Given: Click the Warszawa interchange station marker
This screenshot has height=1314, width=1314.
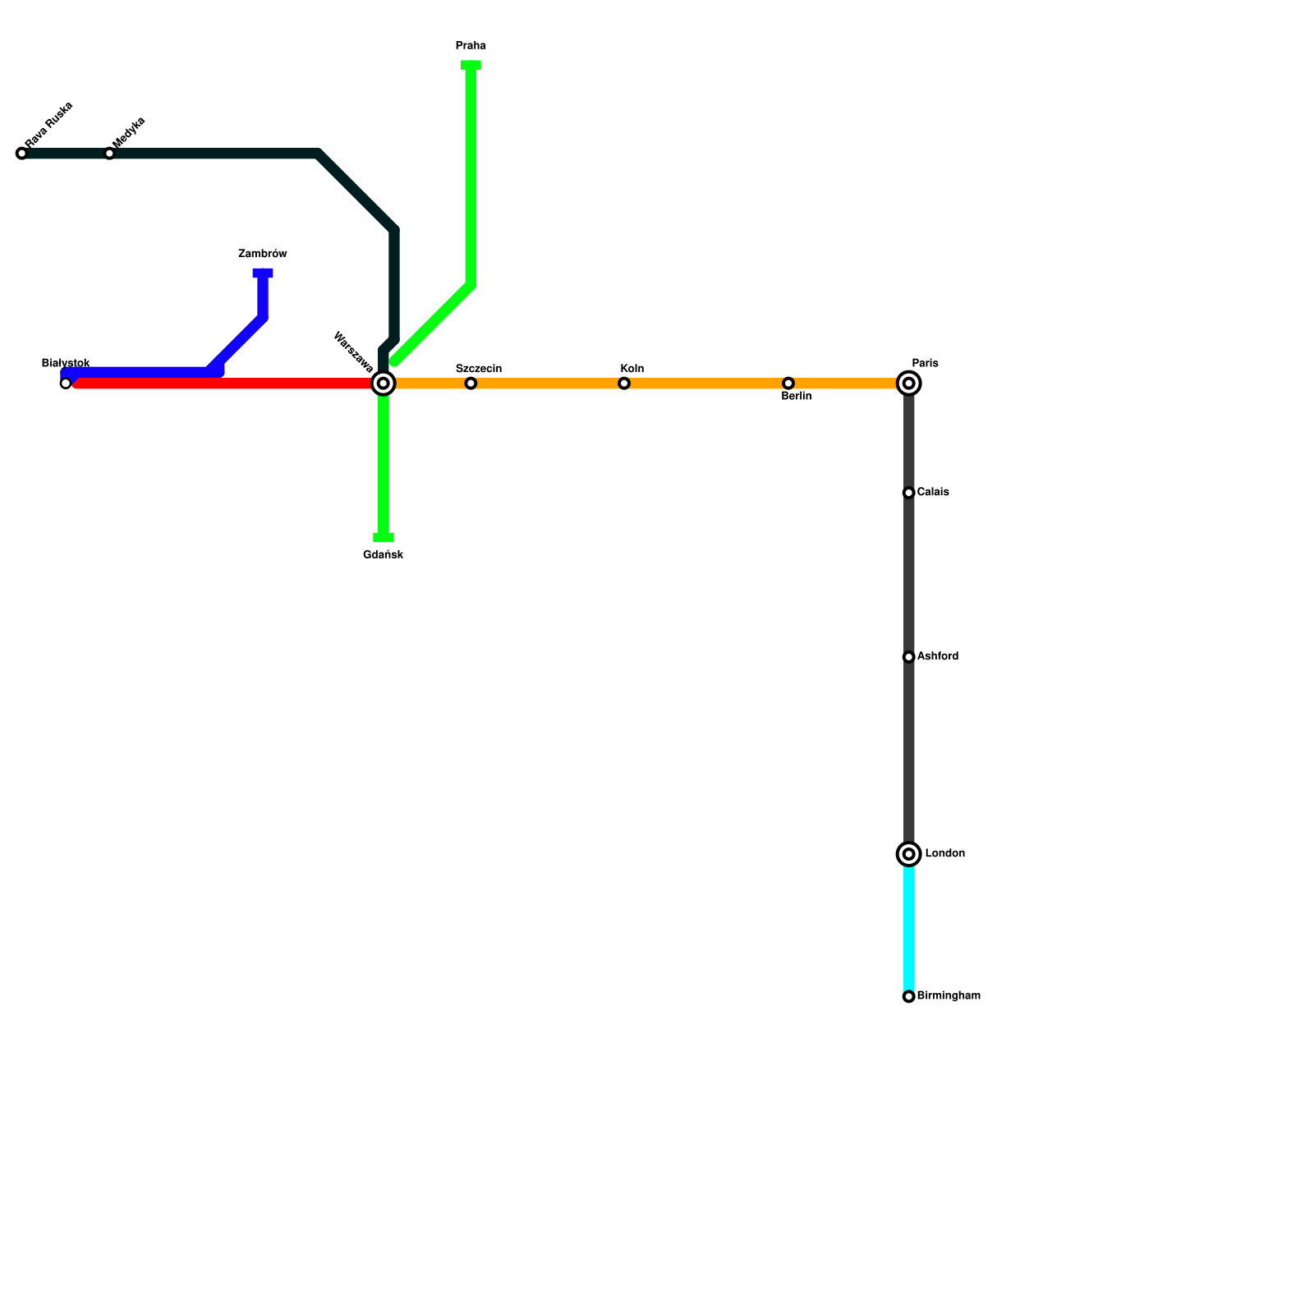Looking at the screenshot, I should pyautogui.click(x=384, y=383).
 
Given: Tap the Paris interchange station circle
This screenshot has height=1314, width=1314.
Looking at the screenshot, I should pyautogui.click(x=908, y=383).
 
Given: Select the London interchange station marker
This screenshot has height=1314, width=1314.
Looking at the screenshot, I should pyautogui.click(x=908, y=854).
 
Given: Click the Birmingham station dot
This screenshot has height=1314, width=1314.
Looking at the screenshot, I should pyautogui.click(x=908, y=996).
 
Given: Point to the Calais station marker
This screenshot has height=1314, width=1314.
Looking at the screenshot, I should pyautogui.click(x=908, y=493).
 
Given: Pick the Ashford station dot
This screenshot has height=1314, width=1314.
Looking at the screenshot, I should pyautogui.click(x=908, y=657).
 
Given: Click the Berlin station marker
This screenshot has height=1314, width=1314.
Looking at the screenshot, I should pyautogui.click(x=788, y=383).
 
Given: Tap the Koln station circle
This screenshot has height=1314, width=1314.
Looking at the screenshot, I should pyautogui.click(x=624, y=383).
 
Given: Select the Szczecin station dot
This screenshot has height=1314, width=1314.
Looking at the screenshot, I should pyautogui.click(x=471, y=383).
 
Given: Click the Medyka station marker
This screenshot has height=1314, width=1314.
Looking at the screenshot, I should pyautogui.click(x=109, y=154).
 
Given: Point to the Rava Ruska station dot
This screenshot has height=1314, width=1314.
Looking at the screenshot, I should pyautogui.click(x=22, y=154).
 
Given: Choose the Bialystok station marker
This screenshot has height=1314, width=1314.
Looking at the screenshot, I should pyautogui.click(x=66, y=383).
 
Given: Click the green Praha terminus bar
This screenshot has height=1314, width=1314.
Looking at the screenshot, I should pyautogui.click(x=471, y=65).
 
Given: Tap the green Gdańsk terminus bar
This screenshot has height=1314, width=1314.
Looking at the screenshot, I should pyautogui.click(x=384, y=538).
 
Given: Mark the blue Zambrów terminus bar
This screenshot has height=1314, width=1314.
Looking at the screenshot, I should pyautogui.click(x=263, y=273).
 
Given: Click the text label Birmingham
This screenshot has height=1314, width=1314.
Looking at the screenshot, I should pyautogui.click(x=949, y=996).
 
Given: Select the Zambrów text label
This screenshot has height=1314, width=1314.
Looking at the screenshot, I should pyautogui.click(x=263, y=254).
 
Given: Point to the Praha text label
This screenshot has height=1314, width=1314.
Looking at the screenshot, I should pyautogui.click(x=471, y=46).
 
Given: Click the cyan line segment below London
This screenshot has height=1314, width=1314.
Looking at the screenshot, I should pyautogui.click(x=908, y=928).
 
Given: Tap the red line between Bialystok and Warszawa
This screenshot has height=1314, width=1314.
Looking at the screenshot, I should pyautogui.click(x=222, y=384).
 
